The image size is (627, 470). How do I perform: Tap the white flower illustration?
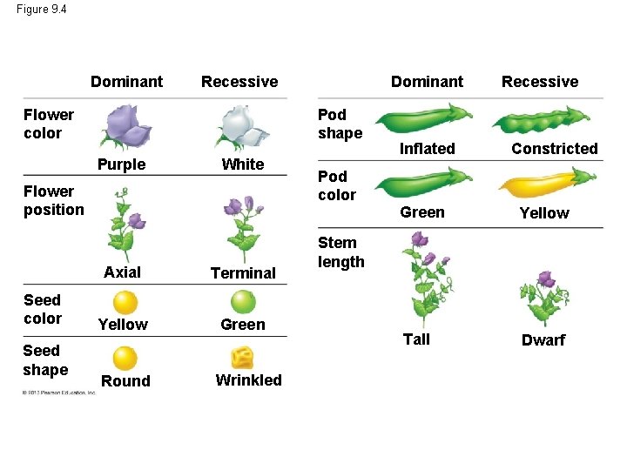click(x=243, y=126)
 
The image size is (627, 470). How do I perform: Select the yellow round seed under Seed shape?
click(x=125, y=358)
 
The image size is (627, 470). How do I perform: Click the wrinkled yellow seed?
click(x=243, y=357)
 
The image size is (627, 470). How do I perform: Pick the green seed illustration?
click(x=243, y=302)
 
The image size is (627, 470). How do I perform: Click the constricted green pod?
click(x=546, y=121)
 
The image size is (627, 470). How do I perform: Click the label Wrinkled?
click(x=249, y=380)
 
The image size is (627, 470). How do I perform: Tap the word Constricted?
click(x=555, y=149)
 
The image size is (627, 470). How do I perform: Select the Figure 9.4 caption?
click(x=41, y=10)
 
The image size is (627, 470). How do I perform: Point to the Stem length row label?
click(x=341, y=252)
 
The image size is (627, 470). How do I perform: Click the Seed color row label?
click(x=43, y=309)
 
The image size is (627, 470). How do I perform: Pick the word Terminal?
click(x=243, y=273)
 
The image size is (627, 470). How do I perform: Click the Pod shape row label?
click(x=340, y=124)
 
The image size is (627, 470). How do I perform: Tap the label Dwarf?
click(x=543, y=340)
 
